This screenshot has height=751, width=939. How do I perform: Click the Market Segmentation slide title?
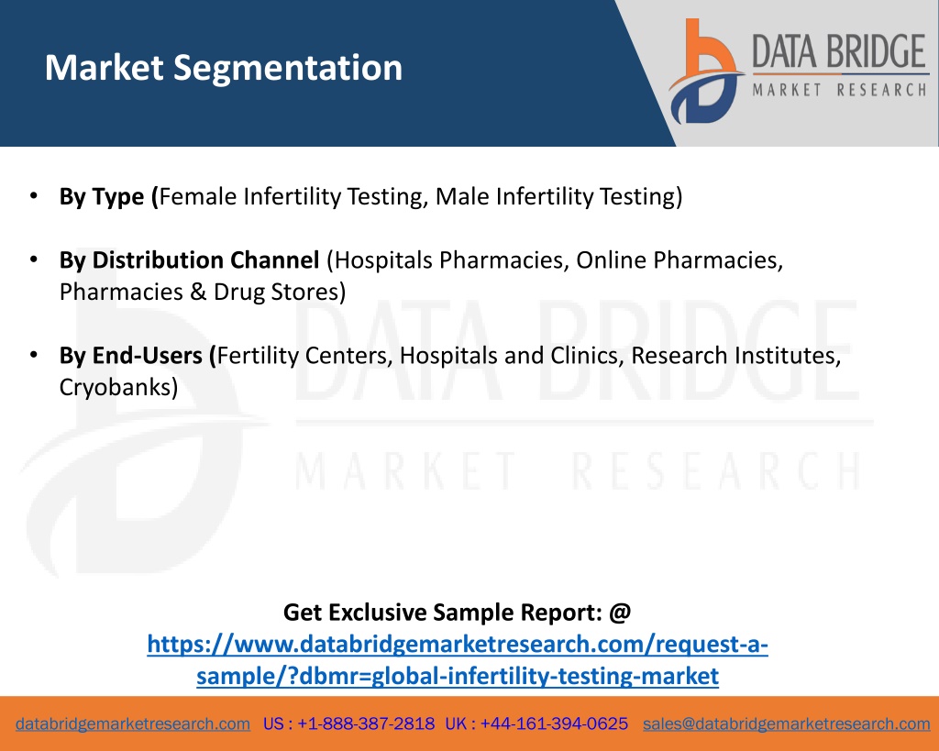(x=224, y=68)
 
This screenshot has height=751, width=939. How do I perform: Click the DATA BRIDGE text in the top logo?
(x=839, y=51)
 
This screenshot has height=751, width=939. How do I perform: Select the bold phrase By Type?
(x=102, y=197)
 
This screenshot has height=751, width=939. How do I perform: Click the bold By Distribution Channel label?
(x=189, y=260)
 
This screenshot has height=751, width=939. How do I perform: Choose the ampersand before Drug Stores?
(x=198, y=293)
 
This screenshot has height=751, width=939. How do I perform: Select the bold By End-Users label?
(x=130, y=356)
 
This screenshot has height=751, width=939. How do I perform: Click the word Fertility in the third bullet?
(x=258, y=356)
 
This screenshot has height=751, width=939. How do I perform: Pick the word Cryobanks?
(x=115, y=388)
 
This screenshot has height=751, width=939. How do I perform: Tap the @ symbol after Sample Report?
(x=621, y=613)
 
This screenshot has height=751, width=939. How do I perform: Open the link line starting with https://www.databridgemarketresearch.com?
(x=458, y=645)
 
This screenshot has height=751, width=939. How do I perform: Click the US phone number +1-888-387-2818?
(x=366, y=724)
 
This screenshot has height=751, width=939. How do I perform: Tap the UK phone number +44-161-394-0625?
(x=554, y=724)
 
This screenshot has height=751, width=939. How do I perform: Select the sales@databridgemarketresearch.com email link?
(x=786, y=724)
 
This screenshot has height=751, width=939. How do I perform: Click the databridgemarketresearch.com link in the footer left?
(x=133, y=724)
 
